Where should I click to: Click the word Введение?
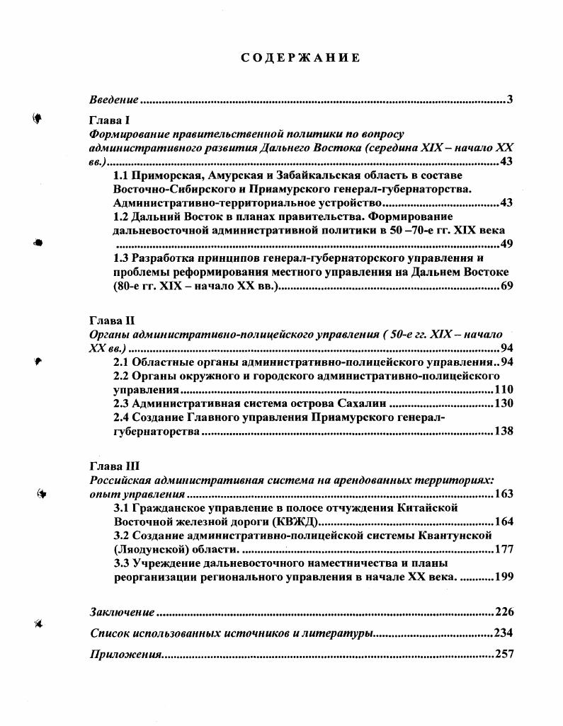(113, 99)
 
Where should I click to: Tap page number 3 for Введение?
(510, 99)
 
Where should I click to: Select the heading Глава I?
(107, 120)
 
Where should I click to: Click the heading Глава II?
(109, 321)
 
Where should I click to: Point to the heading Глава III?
(111, 466)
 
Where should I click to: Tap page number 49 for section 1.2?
(506, 244)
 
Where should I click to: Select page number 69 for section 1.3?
(506, 286)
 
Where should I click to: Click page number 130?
(504, 403)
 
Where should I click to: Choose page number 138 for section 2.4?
(504, 431)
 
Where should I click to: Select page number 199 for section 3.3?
(504, 577)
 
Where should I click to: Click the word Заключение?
(122, 612)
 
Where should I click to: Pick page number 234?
(504, 633)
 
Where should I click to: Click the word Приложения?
(125, 654)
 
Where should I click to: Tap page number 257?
(504, 654)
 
